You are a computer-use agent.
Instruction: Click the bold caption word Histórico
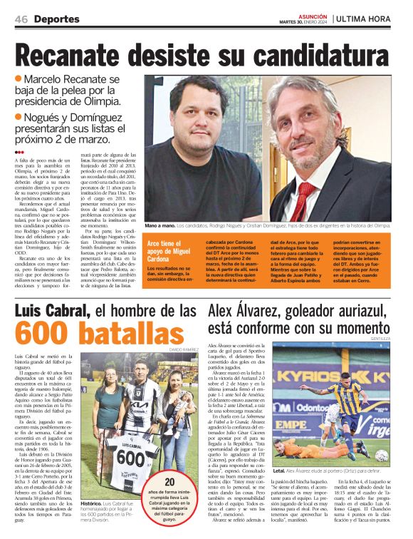(x=92, y=502)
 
